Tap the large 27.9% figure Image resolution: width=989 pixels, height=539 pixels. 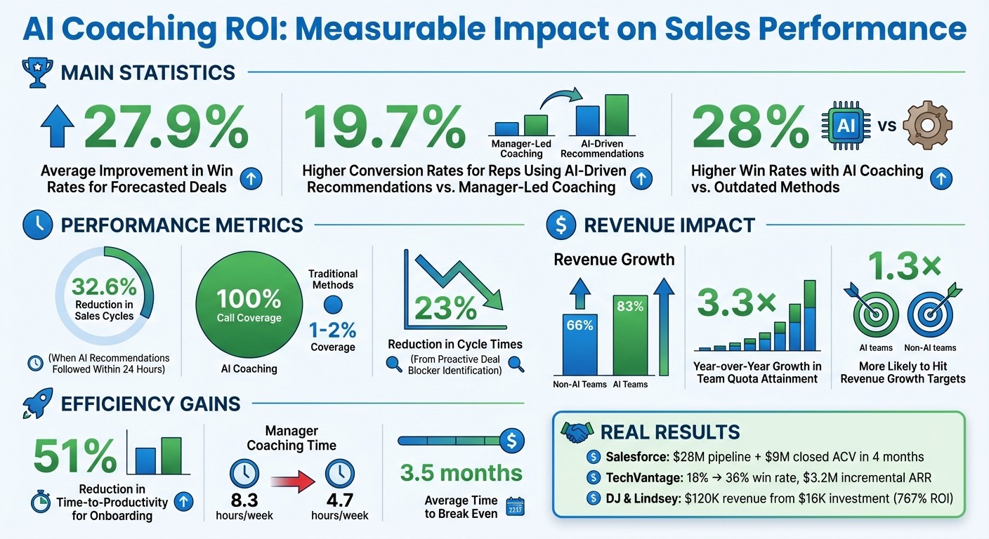[166, 128]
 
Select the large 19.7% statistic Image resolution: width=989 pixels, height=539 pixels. [384, 128]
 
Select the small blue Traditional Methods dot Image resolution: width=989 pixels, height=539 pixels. [332, 304]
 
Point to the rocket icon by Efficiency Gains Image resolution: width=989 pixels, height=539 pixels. [34, 404]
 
